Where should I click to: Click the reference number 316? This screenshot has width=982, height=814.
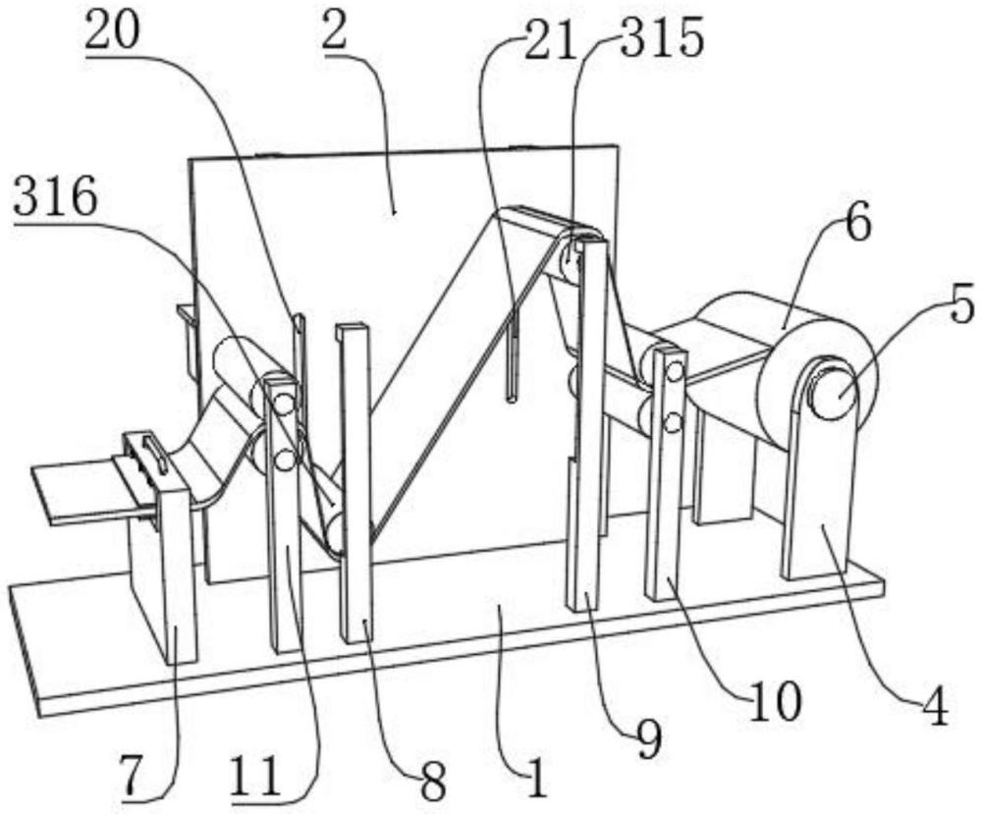pos(55,202)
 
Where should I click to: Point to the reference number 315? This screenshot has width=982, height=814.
pos(655,38)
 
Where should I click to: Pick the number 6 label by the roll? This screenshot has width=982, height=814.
pos(853,228)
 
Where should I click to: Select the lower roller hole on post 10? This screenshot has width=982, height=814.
pos(673,422)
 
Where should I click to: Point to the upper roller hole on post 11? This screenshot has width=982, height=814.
pos(284,403)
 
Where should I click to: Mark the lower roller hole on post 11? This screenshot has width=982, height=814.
pos(285,458)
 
